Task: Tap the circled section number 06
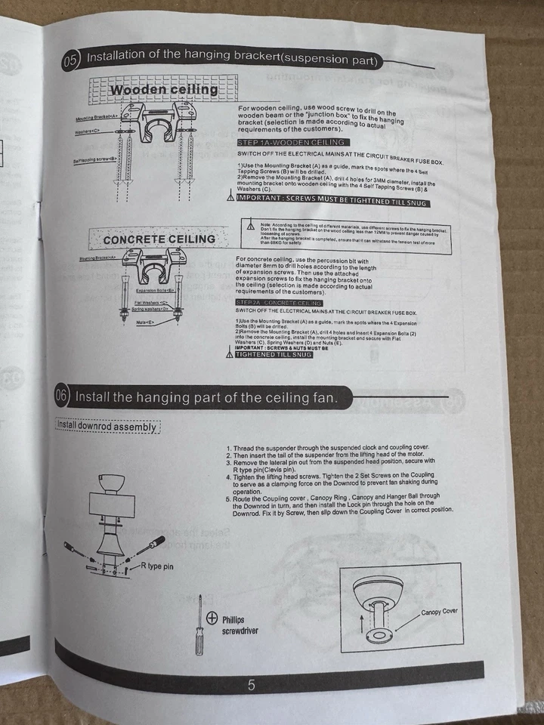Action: [x=63, y=395]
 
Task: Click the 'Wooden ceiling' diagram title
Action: [x=164, y=90]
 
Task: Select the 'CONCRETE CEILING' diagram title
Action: [x=159, y=239]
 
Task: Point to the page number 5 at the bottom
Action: [x=252, y=686]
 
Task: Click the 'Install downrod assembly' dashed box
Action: [x=107, y=427]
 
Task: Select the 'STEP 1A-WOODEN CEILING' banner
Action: [x=291, y=142]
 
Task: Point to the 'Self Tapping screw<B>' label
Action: [x=94, y=160]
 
